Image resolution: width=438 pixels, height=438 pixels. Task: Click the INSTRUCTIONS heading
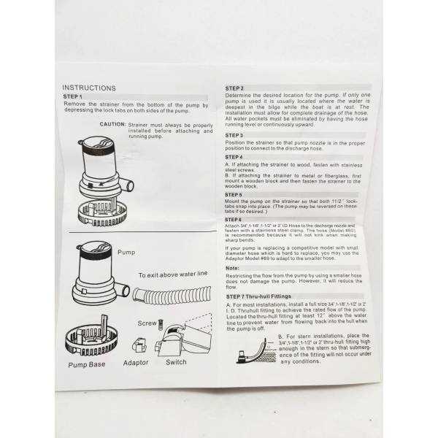pyautogui.click(x=89, y=88)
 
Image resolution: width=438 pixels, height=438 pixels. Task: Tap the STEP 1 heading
pyautogui.click(x=74, y=96)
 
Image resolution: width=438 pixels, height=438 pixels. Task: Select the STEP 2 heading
pyautogui.click(x=235, y=88)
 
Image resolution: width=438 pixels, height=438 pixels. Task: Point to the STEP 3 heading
pyautogui.click(x=235, y=135)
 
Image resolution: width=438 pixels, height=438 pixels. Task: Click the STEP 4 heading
pyautogui.click(x=235, y=157)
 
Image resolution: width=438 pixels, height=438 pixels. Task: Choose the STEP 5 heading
pyautogui.click(x=235, y=195)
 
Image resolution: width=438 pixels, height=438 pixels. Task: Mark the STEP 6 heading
pyautogui.click(x=235, y=219)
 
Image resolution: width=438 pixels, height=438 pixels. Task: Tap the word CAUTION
pyautogui.click(x=112, y=123)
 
